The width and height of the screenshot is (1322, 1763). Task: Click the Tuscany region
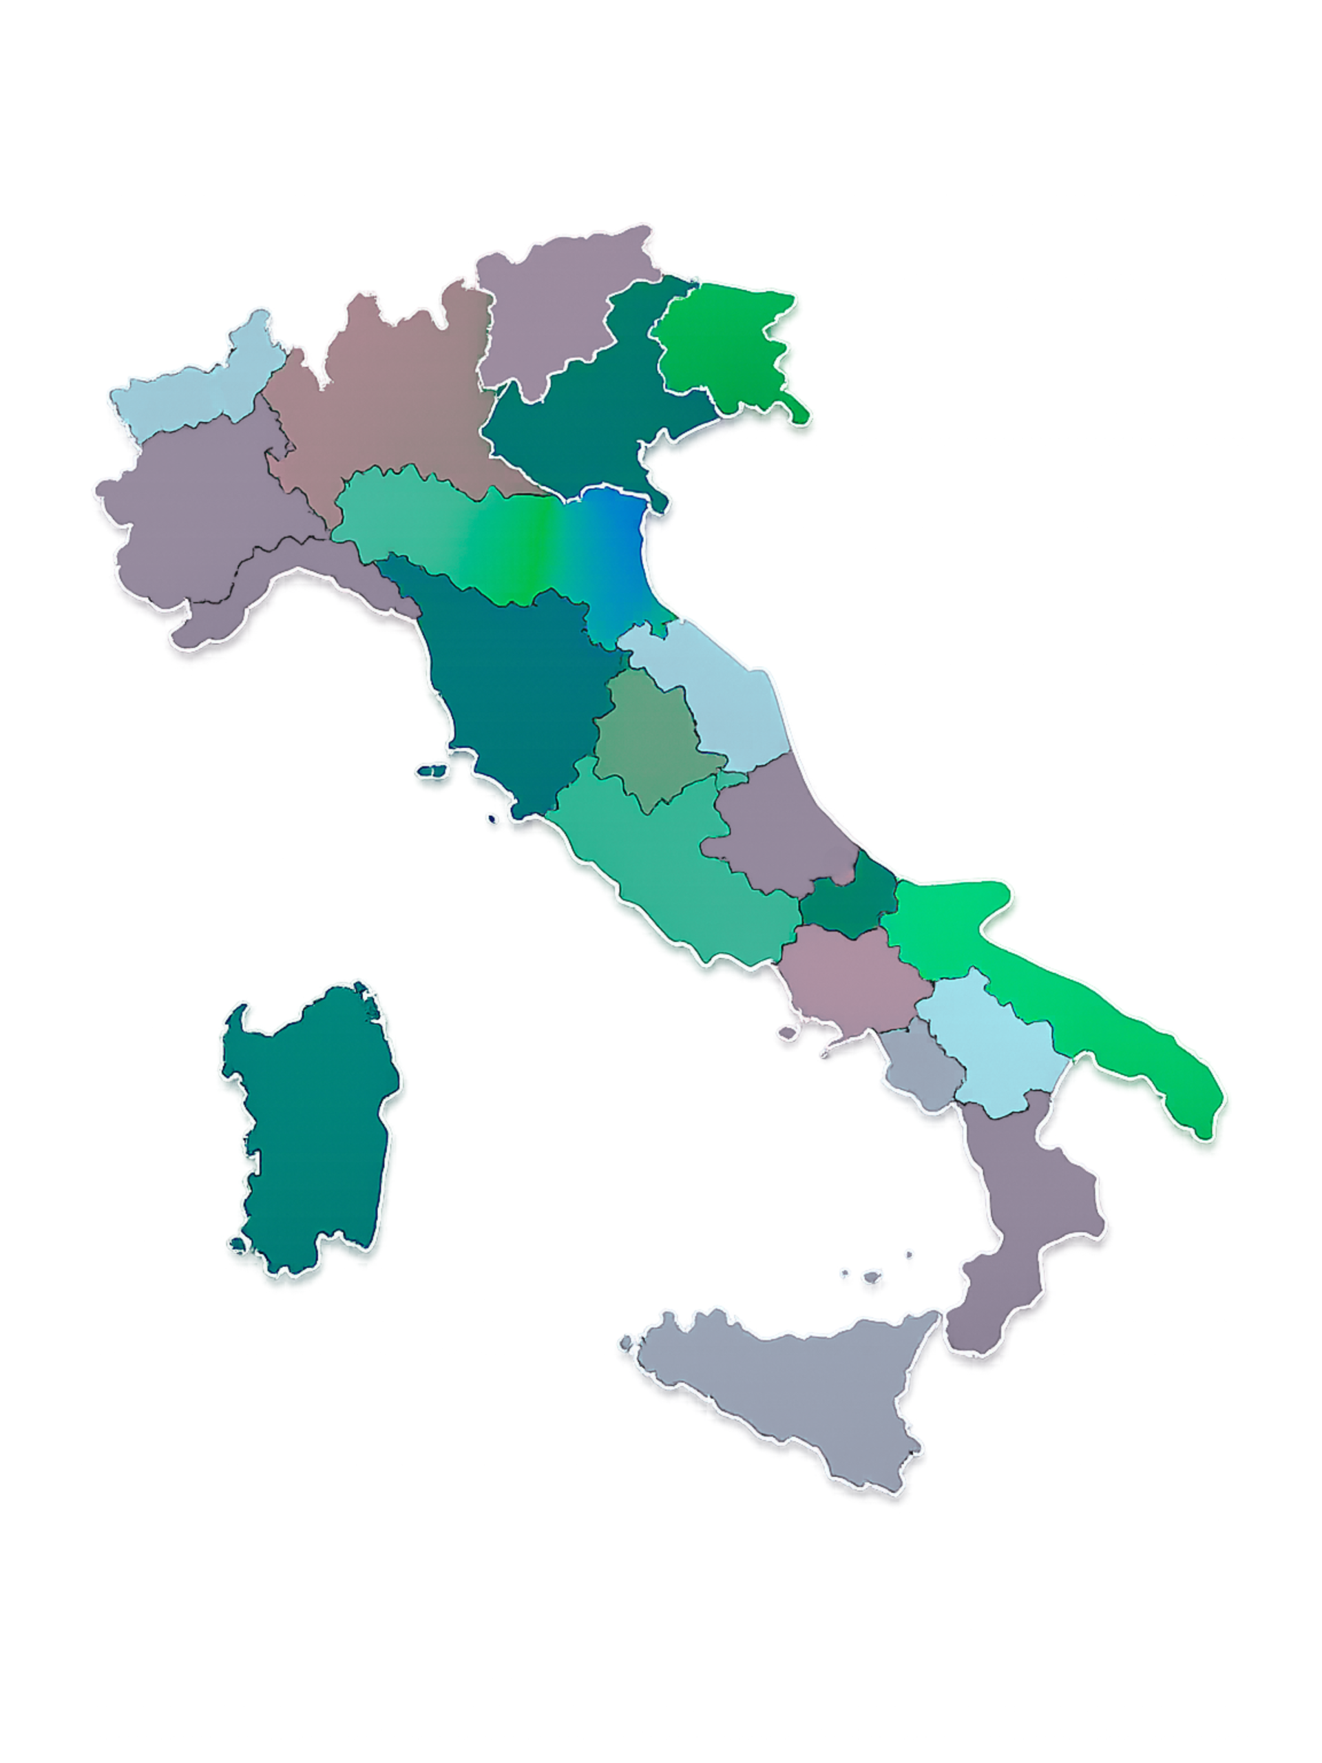tap(510, 693)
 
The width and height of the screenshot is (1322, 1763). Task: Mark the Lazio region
tap(678, 868)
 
